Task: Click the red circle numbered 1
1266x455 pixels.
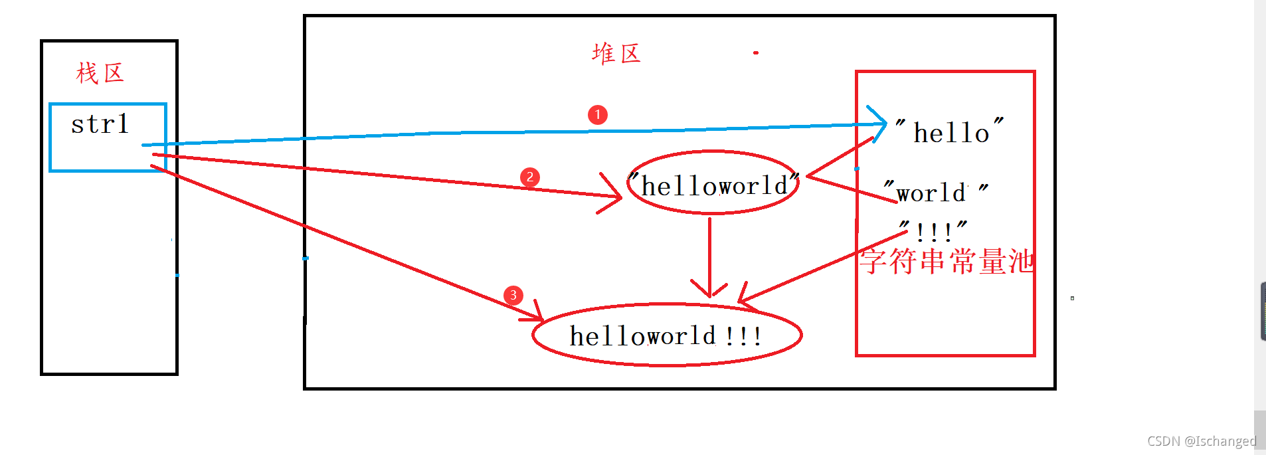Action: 598,115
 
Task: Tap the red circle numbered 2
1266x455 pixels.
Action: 529,177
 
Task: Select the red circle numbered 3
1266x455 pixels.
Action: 513,296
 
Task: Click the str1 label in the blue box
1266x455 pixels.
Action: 100,124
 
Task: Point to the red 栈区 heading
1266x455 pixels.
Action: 100,73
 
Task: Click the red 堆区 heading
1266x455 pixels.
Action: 616,54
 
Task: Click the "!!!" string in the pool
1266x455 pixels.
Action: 933,230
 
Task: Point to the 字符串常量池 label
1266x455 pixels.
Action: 947,261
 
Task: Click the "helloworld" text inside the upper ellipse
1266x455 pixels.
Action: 714,185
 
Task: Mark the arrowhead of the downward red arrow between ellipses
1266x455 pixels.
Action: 710,293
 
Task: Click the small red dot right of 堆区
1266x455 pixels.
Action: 756,52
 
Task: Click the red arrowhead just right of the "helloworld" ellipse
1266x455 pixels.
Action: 810,176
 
